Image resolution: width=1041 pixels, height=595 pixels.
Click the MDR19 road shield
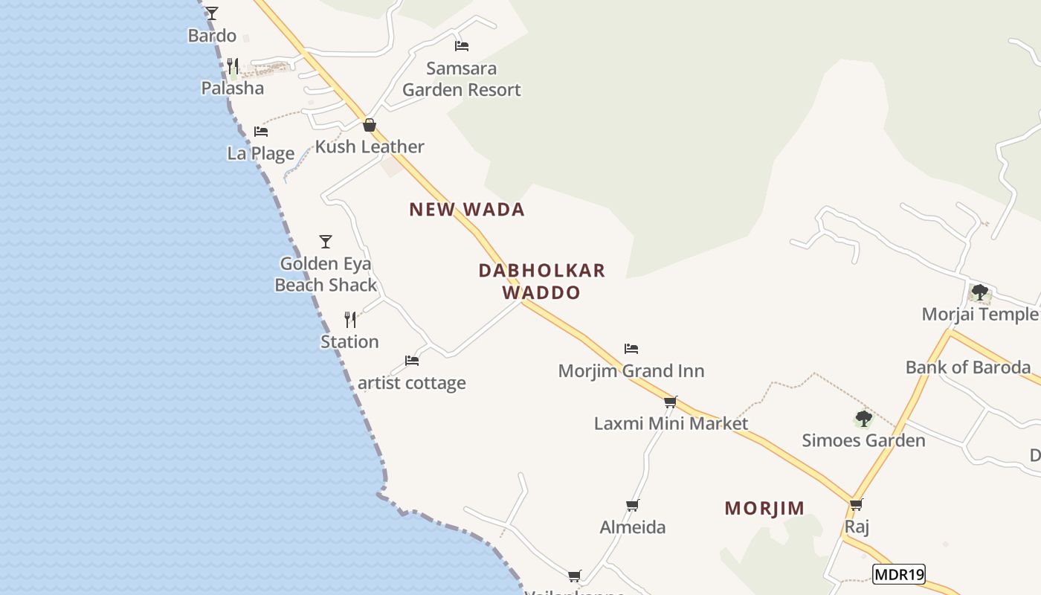click(x=898, y=574)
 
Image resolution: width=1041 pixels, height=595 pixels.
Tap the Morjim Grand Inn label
click(x=631, y=370)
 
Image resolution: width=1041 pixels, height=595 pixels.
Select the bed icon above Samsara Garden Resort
click(x=462, y=45)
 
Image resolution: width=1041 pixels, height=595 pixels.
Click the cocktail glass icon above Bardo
click(x=212, y=13)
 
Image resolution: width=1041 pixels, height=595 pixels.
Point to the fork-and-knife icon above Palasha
click(x=233, y=65)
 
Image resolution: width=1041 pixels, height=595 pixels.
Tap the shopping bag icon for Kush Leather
click(x=369, y=125)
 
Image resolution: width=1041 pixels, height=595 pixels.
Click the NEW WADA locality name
click(x=467, y=210)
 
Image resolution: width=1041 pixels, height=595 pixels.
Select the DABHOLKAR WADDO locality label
click(x=541, y=281)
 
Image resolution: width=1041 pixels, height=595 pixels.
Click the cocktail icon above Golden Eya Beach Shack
click(x=325, y=241)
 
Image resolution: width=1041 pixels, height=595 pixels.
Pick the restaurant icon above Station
click(x=350, y=320)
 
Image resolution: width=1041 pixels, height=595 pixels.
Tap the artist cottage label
click(x=412, y=383)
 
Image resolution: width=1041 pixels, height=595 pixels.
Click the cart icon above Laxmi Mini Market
click(x=671, y=402)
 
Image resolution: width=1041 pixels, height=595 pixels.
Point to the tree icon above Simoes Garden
click(x=863, y=419)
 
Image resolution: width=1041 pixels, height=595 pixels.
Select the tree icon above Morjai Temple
click(x=980, y=292)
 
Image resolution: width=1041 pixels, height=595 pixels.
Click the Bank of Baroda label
click(x=968, y=367)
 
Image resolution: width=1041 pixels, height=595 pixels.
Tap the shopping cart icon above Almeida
click(x=633, y=505)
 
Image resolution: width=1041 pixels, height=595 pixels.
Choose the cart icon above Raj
click(x=857, y=504)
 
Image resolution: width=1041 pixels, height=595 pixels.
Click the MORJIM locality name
click(x=764, y=509)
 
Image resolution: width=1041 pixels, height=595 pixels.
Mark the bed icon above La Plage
click(x=261, y=132)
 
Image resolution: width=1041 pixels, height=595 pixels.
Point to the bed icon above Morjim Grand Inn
click(x=631, y=348)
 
